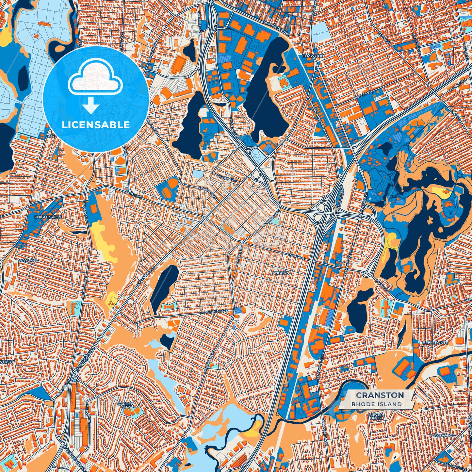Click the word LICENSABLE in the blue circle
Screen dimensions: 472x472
(x=96, y=125)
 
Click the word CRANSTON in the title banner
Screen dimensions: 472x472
(x=380, y=395)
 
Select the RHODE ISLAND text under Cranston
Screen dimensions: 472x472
(x=377, y=404)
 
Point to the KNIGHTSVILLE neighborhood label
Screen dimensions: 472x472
(x=48, y=217)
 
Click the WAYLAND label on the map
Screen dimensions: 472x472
(x=29, y=260)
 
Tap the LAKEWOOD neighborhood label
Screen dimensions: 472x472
(x=443, y=435)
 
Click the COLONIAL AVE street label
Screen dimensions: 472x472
(x=215, y=312)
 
